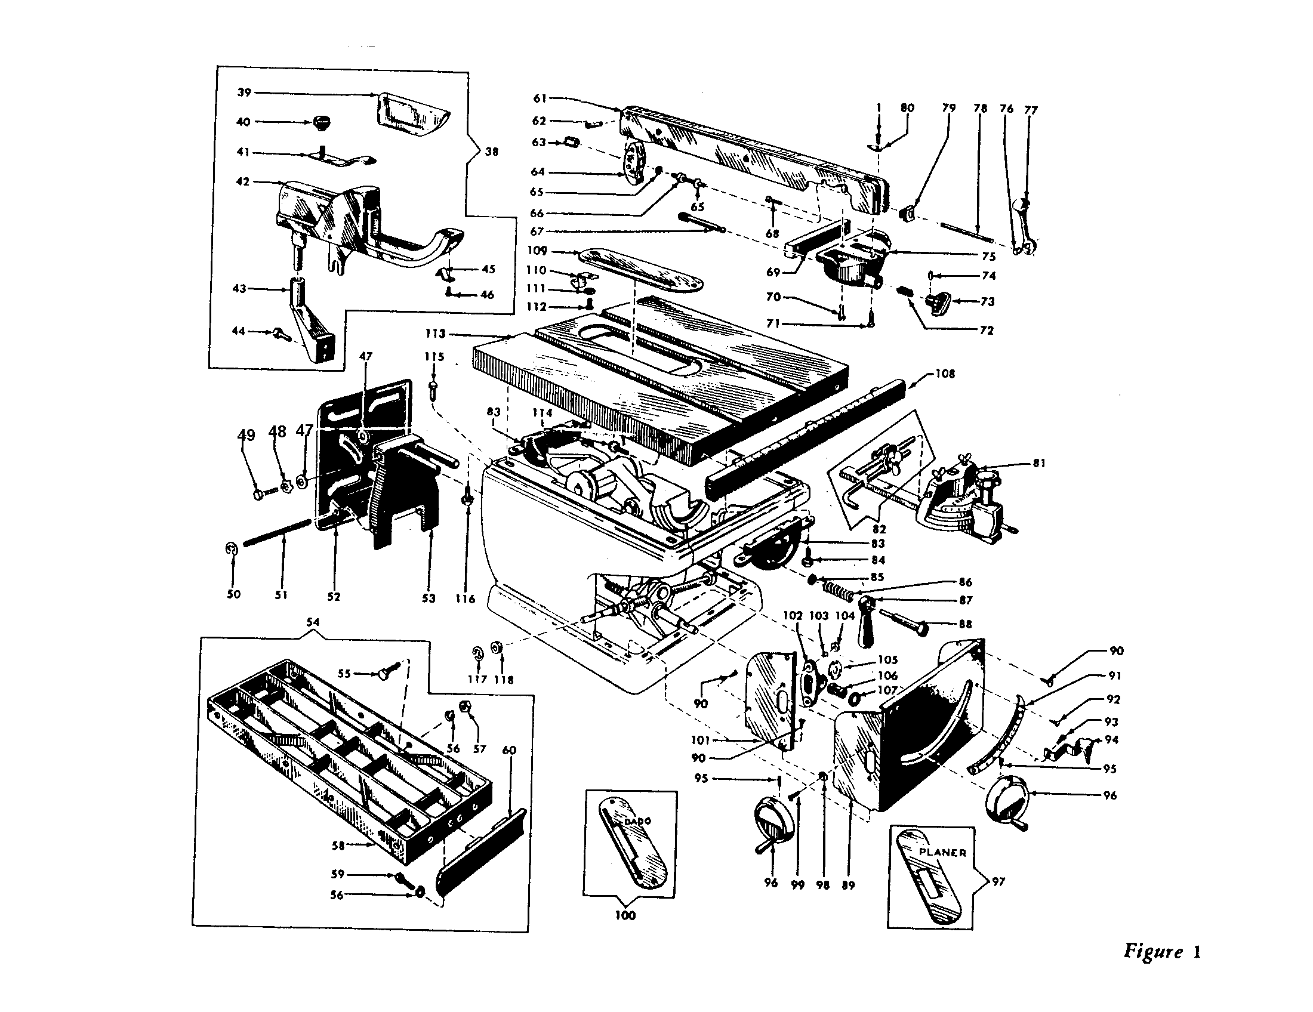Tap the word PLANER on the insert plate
[x=942, y=852]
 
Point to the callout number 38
[x=491, y=152]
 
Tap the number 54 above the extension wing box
[x=312, y=622]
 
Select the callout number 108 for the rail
[x=945, y=374]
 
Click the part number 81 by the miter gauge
[x=1039, y=462]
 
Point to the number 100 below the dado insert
[x=625, y=915]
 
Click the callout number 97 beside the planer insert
[x=998, y=881]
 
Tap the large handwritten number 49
[x=246, y=434]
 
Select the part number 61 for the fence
[x=540, y=98]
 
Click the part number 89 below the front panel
[x=847, y=884]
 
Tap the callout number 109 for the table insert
[x=537, y=251]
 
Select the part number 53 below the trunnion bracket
[x=428, y=598]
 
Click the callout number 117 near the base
[x=477, y=679]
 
